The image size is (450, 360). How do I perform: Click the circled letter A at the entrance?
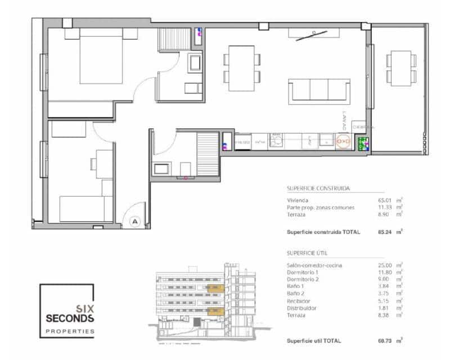click(134, 221)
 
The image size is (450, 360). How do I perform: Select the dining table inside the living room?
click(242, 66)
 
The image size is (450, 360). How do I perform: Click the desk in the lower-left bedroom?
click(104, 163)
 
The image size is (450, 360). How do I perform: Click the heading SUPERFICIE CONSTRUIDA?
click(319, 189)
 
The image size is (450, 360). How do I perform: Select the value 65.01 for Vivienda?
click(385, 200)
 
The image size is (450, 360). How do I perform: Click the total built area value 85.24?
click(385, 231)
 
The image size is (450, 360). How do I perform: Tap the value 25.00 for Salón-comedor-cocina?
click(385, 264)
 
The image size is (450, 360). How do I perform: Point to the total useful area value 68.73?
click(385, 340)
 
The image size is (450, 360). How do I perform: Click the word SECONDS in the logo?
click(70, 318)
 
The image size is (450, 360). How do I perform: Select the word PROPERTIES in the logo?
click(70, 331)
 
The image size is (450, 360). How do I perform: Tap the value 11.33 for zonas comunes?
click(385, 207)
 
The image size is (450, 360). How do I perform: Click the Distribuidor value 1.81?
click(385, 308)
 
